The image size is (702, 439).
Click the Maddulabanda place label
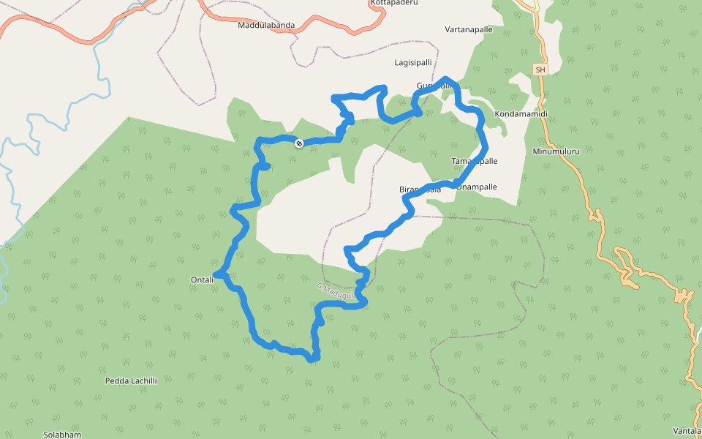pyautogui.click(x=266, y=25)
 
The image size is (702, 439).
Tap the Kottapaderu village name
pyautogui.click(x=394, y=3)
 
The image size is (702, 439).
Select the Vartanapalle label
pyautogui.click(x=469, y=30)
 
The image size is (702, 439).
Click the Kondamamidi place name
pyautogui.click(x=521, y=115)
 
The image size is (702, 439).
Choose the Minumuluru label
pyautogui.click(x=556, y=151)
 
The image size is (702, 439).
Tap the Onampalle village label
pyautogui.click(x=477, y=187)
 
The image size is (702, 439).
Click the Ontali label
pyautogui.click(x=202, y=279)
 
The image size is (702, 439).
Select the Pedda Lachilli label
pyautogui.click(x=131, y=380)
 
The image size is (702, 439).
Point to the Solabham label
pyautogui.click(x=62, y=434)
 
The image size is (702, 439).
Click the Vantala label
pyautogui.click(x=687, y=430)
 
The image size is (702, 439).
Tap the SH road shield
pyautogui.click(x=540, y=70)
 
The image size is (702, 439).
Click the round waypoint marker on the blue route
pyautogui.click(x=299, y=143)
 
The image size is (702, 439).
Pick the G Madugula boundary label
pyautogui.click(x=336, y=291)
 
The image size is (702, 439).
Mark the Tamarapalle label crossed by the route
pyautogui.click(x=475, y=161)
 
